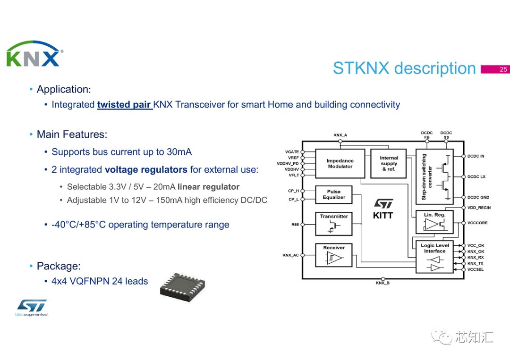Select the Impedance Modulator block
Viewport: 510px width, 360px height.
(340, 164)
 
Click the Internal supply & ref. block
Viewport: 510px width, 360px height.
(389, 163)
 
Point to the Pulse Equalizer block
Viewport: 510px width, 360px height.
(334, 194)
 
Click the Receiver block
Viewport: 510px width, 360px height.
(334, 255)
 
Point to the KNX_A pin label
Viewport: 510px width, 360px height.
(340, 135)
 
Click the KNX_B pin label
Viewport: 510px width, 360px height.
(382, 283)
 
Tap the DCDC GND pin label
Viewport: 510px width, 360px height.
(478, 197)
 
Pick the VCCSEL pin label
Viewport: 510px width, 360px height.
(476, 269)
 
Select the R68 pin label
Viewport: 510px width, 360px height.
(295, 225)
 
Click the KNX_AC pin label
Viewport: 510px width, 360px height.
(290, 255)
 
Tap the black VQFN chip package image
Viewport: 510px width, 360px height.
(182, 285)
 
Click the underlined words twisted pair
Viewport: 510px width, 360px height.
(124, 105)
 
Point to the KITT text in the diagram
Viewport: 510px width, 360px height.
(383, 216)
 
